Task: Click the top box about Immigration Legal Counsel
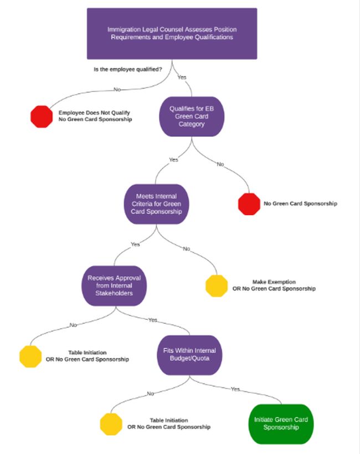pyautogui.click(x=172, y=33)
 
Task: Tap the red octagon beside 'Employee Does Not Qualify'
pyautogui.click(x=40, y=116)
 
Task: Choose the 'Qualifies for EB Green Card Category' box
pyautogui.click(x=192, y=116)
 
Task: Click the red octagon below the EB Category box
pyautogui.click(x=249, y=203)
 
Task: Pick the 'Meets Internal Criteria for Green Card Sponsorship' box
pyautogui.click(x=153, y=203)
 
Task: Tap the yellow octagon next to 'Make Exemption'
pyautogui.click(x=217, y=285)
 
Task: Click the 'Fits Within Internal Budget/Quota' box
pyautogui.click(x=189, y=355)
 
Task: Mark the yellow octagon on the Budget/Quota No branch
pyautogui.click(x=111, y=424)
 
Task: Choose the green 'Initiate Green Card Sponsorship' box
pyautogui.click(x=281, y=424)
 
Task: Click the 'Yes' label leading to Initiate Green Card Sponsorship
pyautogui.click(x=235, y=389)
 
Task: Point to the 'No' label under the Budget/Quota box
pyautogui.click(x=150, y=394)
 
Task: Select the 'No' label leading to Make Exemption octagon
pyautogui.click(x=187, y=249)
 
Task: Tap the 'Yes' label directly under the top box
pyautogui.click(x=182, y=77)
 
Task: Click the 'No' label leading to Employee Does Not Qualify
pyautogui.click(x=117, y=89)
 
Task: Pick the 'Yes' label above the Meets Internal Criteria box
pyautogui.click(x=174, y=160)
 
